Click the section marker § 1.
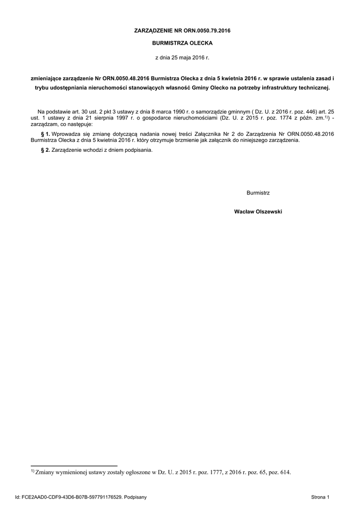click(45, 134)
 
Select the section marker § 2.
click(45, 150)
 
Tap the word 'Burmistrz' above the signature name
click(258, 192)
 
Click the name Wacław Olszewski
click(258, 211)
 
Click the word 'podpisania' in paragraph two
click(139, 150)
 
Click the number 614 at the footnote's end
click(286, 473)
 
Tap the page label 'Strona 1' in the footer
click(320, 497)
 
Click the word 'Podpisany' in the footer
click(135, 497)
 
